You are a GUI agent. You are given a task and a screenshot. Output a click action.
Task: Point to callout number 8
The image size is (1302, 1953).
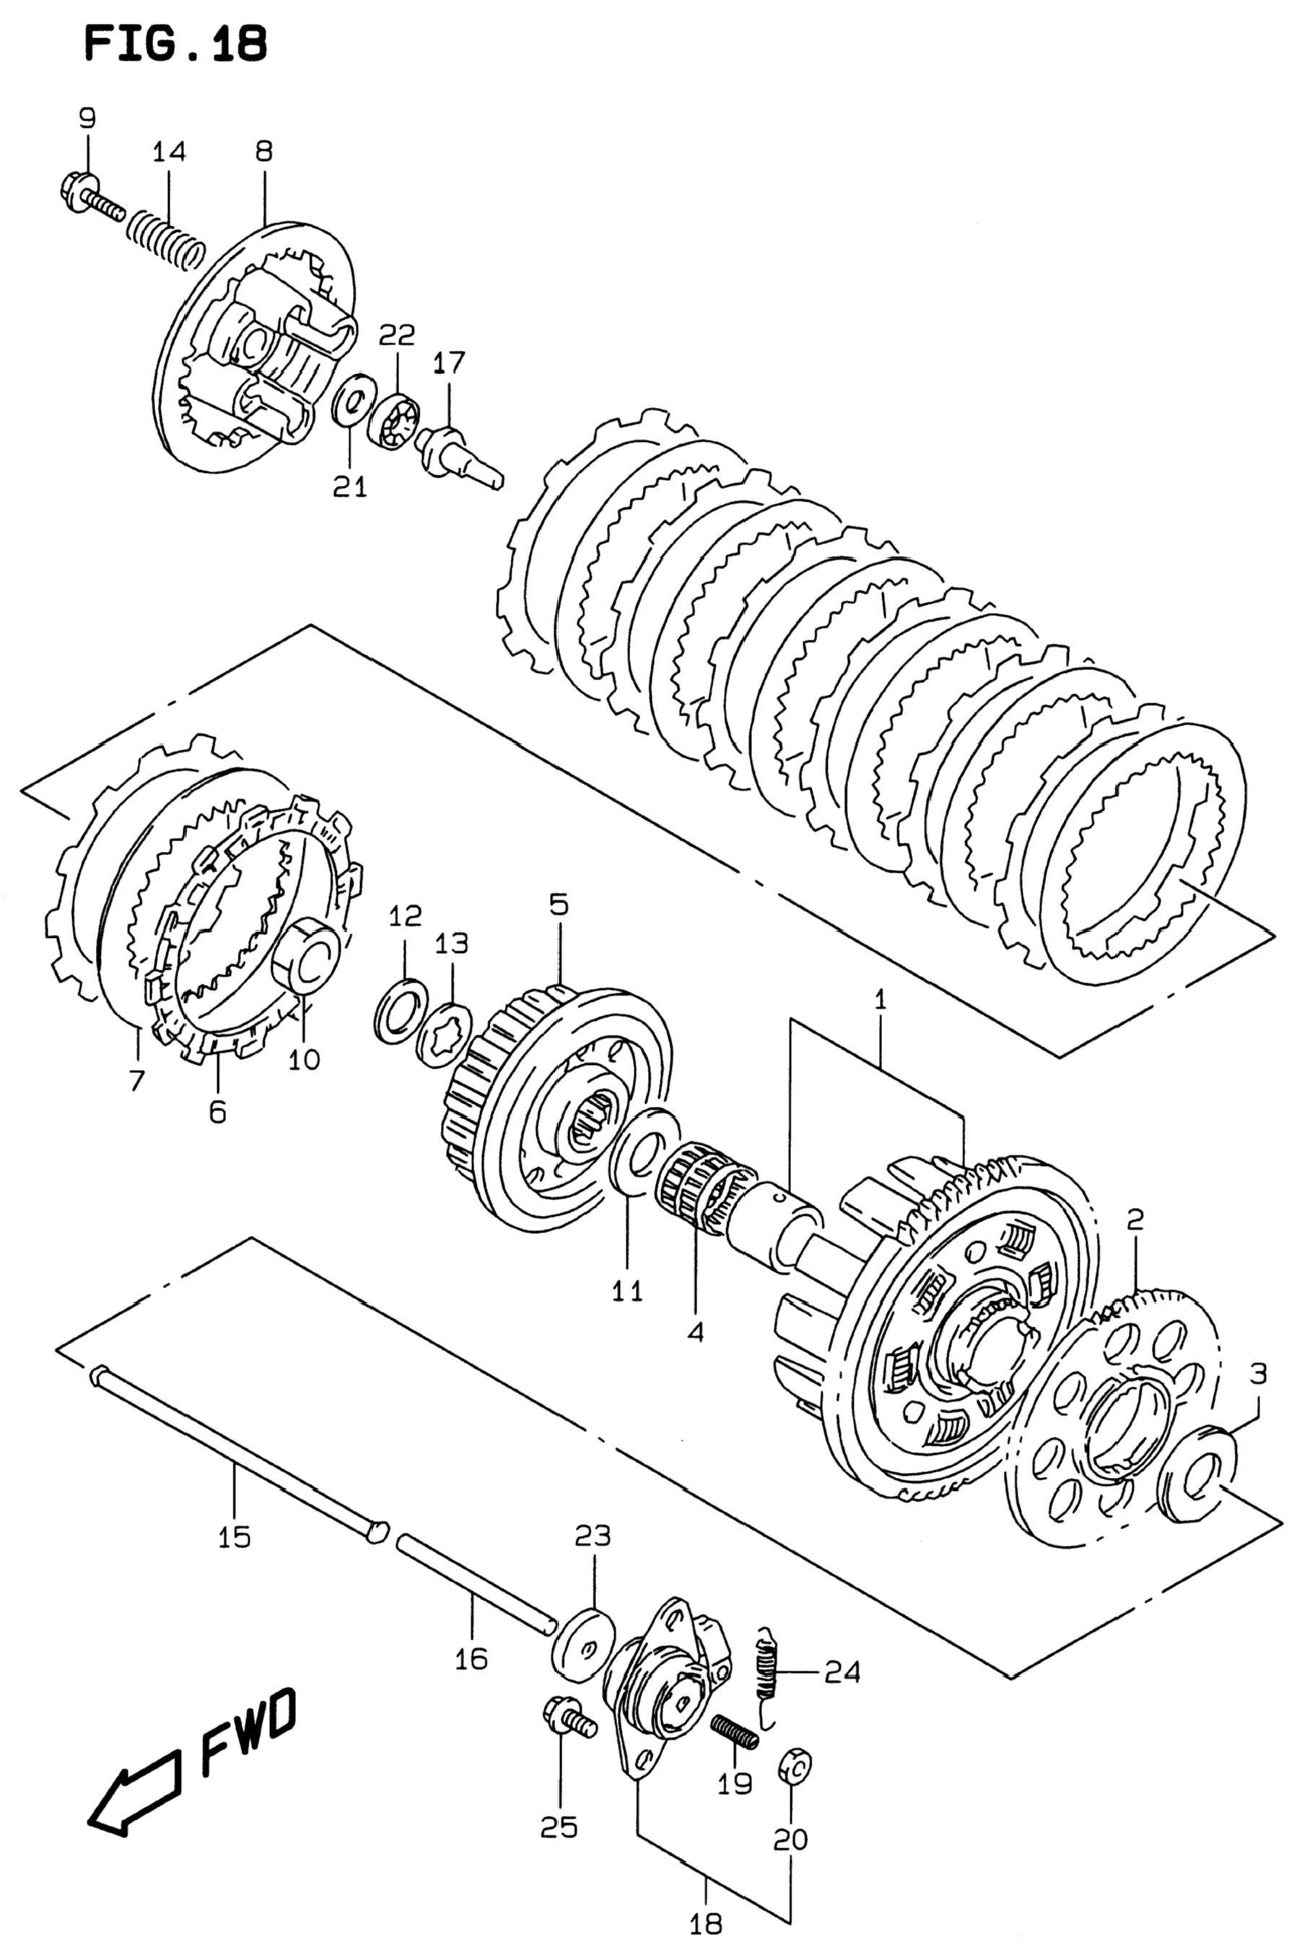click(264, 151)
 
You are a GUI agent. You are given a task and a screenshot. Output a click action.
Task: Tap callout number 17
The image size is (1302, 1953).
click(448, 362)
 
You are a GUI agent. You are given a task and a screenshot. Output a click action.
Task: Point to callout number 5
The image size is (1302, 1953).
click(558, 904)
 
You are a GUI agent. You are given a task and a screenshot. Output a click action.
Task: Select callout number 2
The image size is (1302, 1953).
click(1135, 1219)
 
